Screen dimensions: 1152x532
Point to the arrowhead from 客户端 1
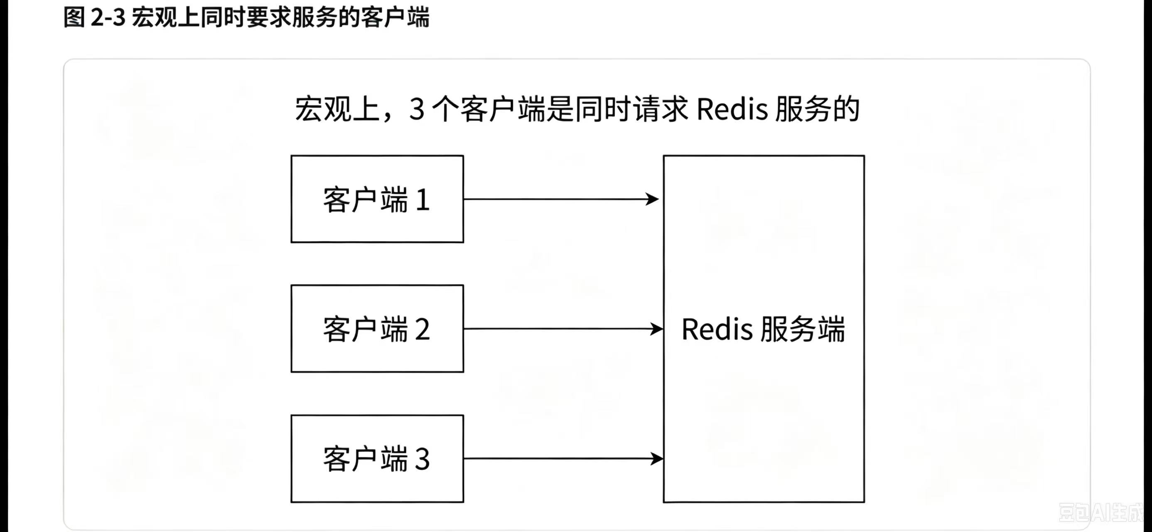[x=652, y=199]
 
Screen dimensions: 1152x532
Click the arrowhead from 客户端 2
[x=656, y=329]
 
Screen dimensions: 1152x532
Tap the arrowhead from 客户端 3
[x=656, y=458]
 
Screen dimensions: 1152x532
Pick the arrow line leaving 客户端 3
[x=563, y=458]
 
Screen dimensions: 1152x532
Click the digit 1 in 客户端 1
[x=422, y=200]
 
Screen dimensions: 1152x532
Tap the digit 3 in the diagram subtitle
[x=417, y=109]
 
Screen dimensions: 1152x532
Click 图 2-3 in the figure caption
[x=94, y=18]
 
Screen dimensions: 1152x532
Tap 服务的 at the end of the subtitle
[x=818, y=109]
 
